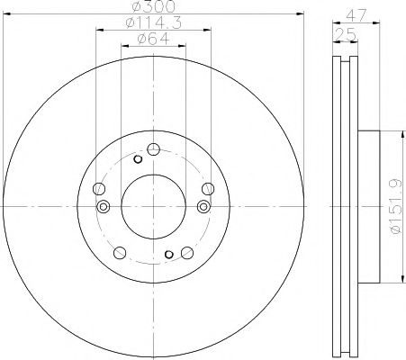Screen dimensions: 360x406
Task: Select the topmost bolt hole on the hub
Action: coord(154,149)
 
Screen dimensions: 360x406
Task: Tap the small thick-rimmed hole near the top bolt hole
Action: coord(138,159)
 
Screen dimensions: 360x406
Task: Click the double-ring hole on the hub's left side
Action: coord(103,207)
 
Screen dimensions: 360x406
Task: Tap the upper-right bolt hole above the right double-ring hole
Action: coord(208,188)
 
